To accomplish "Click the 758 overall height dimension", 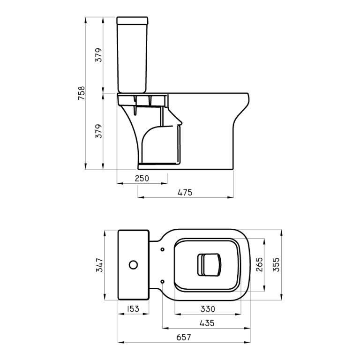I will pyautogui.click(x=81, y=93).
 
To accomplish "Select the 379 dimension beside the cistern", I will pyautogui.click(x=98, y=55).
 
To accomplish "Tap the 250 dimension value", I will pyautogui.click(x=142, y=178).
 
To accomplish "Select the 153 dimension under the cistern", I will pyautogui.click(x=133, y=309).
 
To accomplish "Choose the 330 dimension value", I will pyautogui.click(x=207, y=309).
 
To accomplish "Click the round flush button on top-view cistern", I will pyautogui.click(x=133, y=265).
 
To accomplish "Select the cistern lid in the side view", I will pyautogui.click(x=133, y=20).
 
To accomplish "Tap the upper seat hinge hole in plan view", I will pyautogui.click(x=162, y=249).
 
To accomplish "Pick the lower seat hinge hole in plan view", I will pyautogui.click(x=162, y=281).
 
